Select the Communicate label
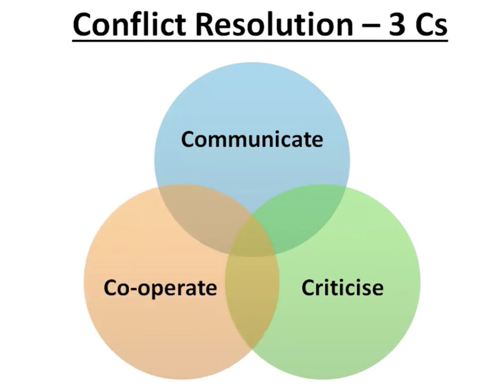point(252,139)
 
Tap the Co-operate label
point(160,287)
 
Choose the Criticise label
point(342,287)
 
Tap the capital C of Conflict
point(83,24)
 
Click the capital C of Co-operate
point(110,287)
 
